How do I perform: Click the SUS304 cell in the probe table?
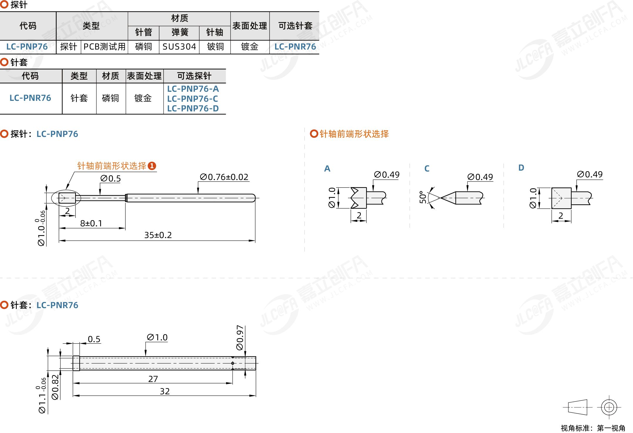click(179, 47)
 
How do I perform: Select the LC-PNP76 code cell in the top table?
click(27, 47)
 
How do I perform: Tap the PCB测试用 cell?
click(105, 47)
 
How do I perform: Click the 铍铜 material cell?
click(215, 47)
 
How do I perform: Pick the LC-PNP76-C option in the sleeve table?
click(193, 99)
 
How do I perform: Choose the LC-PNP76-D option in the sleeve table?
click(193, 108)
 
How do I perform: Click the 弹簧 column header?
click(180, 32)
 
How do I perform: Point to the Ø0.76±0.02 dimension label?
click(224, 177)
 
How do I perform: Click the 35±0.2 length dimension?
click(158, 235)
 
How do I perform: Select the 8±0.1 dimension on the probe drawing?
click(91, 223)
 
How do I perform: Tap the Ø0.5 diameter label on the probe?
click(110, 178)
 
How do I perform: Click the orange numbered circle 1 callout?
click(152, 166)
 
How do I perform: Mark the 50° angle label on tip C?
click(423, 197)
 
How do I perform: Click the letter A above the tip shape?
click(327, 169)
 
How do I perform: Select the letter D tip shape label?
click(521, 168)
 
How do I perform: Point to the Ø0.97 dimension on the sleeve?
click(240, 337)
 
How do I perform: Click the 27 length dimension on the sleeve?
click(153, 379)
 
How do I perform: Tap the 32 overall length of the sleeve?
click(165, 391)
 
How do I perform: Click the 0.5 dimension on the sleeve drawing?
click(94, 339)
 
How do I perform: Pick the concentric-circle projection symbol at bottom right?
click(609, 407)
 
